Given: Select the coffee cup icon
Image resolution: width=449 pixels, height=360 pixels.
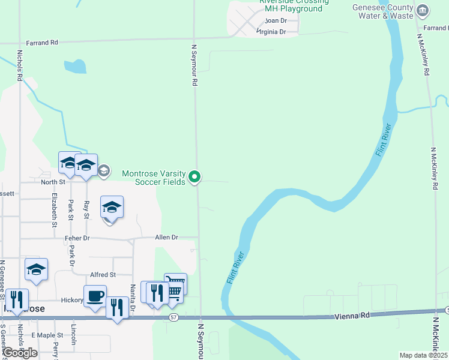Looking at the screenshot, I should coord(95,296).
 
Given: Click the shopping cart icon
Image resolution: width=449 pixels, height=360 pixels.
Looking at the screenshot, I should coord(175,284).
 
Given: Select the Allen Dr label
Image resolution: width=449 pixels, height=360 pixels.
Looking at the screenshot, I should coord(167,238).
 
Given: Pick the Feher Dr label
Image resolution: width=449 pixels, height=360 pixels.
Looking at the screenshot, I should coord(77,238).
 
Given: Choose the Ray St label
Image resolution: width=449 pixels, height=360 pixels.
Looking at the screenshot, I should coord(86,209).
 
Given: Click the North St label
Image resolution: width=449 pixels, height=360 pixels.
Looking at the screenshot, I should coord(53,182).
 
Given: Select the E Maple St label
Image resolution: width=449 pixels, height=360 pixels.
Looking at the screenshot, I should coord(47,335).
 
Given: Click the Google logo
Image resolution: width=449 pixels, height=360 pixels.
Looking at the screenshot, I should coord(20,353).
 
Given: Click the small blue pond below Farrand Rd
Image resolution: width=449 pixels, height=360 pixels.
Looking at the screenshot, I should coord(75,66).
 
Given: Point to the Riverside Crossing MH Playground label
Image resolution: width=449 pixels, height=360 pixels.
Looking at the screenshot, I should coord(294,5).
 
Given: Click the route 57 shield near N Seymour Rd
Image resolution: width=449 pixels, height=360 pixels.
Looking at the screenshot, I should coord(173,316).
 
